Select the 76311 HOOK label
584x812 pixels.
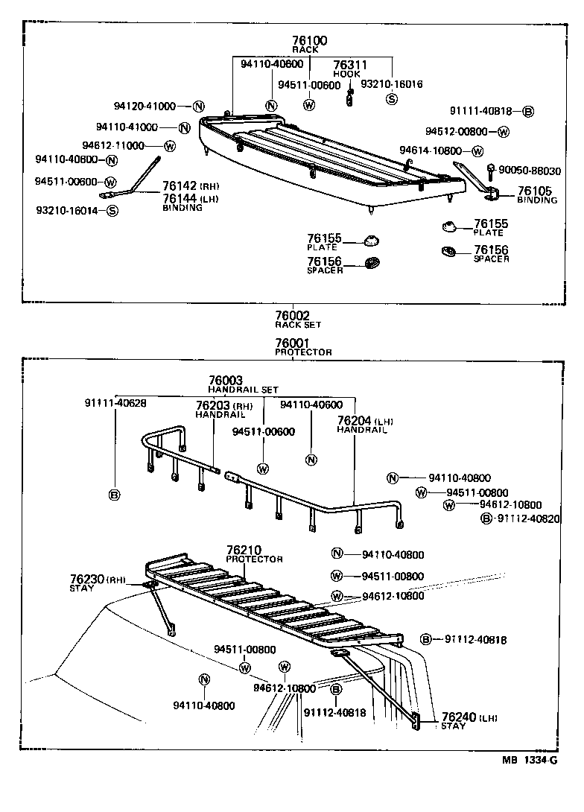point(346,69)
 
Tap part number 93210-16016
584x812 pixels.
point(391,84)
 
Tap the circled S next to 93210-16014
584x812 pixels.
point(112,211)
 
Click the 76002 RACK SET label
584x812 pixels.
point(292,320)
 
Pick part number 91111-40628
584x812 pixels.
point(115,403)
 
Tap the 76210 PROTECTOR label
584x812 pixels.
point(254,554)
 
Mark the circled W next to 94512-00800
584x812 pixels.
point(504,132)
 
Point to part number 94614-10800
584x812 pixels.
point(431,150)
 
